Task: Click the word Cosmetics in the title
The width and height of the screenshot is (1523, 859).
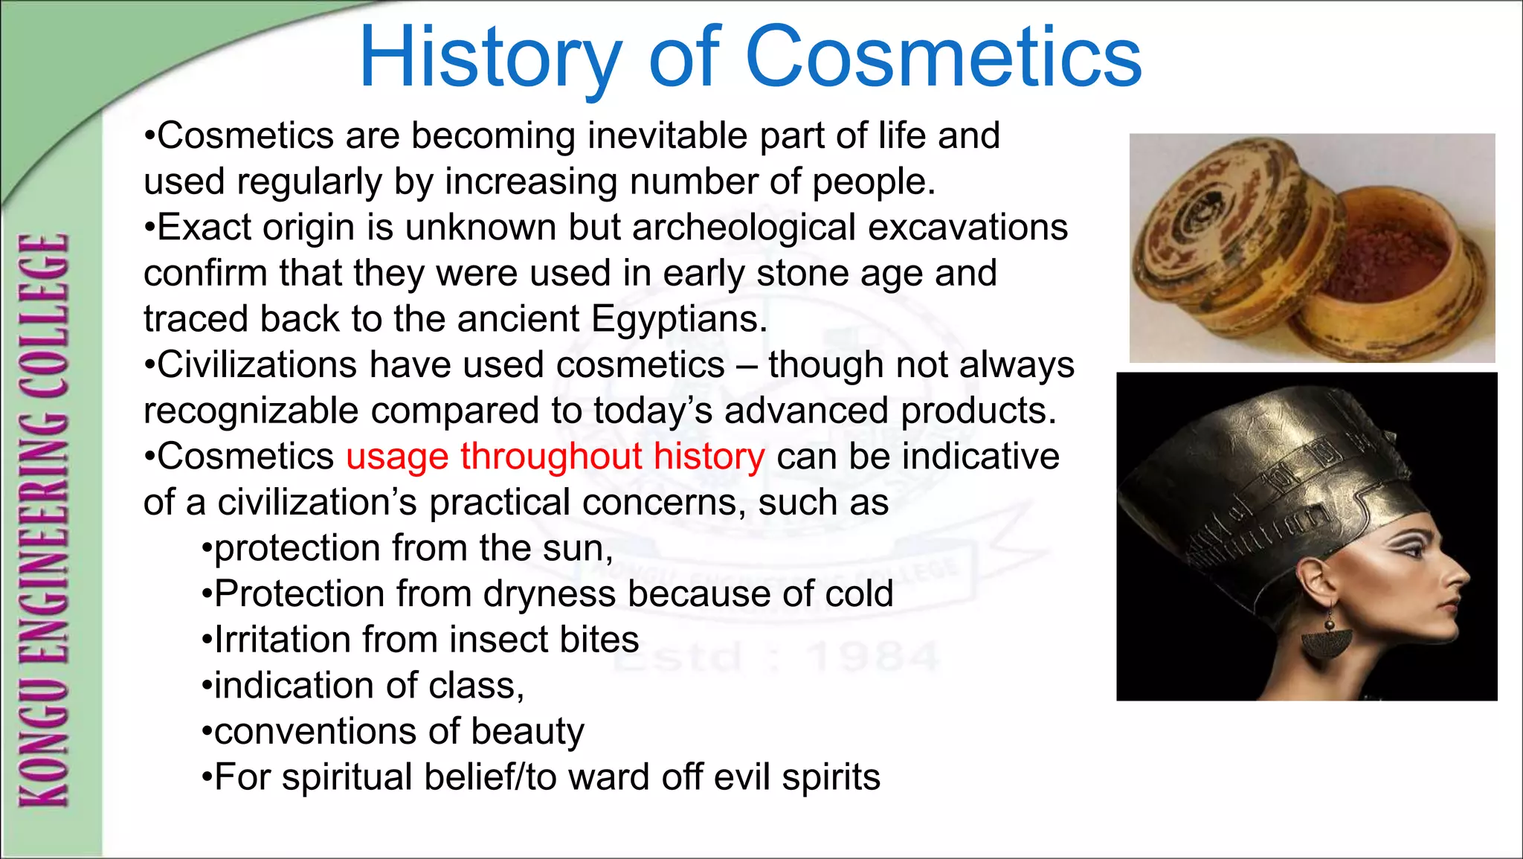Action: (943, 57)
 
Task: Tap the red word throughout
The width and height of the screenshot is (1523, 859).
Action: (550, 456)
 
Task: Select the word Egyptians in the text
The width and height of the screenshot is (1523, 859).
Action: (678, 320)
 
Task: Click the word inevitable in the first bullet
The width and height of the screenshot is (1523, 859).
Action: (667, 136)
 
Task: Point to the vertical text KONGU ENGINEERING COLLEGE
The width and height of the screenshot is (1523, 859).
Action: (45, 521)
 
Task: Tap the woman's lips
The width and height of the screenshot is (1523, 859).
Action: (1448, 608)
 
